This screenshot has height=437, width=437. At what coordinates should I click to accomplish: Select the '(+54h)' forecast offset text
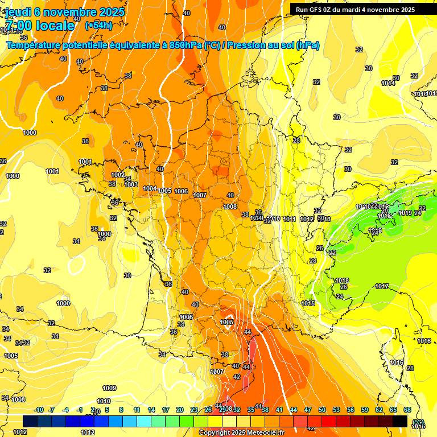coord(98,26)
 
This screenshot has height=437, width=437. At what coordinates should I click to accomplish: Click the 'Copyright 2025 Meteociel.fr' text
coord(241,432)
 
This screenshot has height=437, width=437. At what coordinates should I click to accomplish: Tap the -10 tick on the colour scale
coord(39,410)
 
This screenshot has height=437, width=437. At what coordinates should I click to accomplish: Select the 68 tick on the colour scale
coord(407,410)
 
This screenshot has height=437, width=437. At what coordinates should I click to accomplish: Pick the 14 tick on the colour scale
coord(151,410)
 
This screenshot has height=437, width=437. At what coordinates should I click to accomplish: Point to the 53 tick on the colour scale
coord(336,410)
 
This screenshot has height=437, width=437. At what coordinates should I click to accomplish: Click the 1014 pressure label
coord(388,84)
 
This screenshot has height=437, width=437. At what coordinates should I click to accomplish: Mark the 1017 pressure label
coord(382,286)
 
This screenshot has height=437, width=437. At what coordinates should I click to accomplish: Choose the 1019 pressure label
coord(405,213)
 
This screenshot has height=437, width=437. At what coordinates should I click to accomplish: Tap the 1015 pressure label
coord(308,303)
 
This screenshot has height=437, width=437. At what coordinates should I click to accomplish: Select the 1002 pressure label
coord(118,175)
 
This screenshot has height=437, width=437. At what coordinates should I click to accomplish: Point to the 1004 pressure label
coord(150,188)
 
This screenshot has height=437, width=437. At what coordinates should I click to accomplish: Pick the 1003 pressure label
coord(131,184)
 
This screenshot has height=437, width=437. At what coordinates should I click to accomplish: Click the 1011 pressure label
coord(289,219)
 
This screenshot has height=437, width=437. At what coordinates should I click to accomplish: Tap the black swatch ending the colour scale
coord(400,421)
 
